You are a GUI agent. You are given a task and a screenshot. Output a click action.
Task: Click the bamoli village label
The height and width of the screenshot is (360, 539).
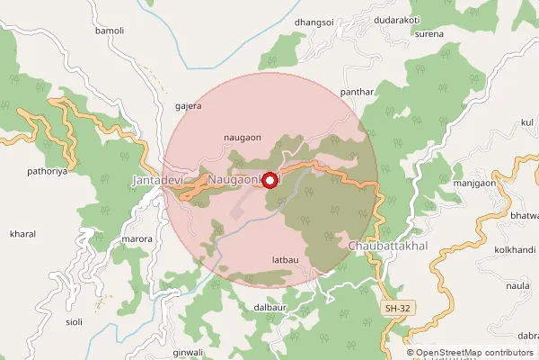(109, 31)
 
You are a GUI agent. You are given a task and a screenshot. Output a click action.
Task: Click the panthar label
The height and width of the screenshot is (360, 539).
(357, 93)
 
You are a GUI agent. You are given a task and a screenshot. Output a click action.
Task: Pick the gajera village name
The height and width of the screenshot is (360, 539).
(189, 104)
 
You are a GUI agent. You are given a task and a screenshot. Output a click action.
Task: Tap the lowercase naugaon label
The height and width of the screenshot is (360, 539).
(242, 137)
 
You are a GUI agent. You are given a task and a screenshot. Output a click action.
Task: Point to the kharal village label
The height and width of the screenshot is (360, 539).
(22, 234)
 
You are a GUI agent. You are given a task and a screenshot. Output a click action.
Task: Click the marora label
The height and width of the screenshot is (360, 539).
(136, 239)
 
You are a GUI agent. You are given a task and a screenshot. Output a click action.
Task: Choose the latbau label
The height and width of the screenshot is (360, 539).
(284, 261)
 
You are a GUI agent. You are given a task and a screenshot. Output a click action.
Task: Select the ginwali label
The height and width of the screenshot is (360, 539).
(189, 351)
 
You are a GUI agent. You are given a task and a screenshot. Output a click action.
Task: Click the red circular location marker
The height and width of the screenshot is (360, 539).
(269, 180)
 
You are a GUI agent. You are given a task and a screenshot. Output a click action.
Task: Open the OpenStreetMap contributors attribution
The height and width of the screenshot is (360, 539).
(475, 353)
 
